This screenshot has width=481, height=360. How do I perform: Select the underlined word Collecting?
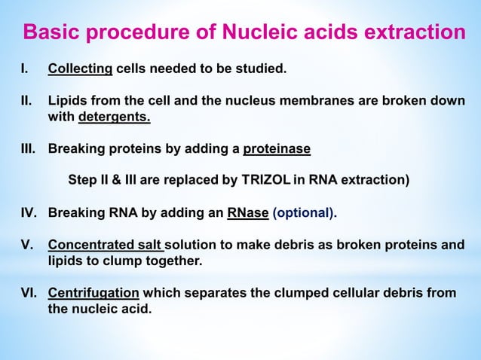coord(80,69)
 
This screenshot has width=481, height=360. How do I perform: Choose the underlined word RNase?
coord(248,213)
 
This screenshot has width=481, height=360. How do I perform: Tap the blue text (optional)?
coord(303,213)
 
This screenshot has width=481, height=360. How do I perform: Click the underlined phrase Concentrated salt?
coord(105,246)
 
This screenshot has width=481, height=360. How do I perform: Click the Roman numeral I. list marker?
coord(24,69)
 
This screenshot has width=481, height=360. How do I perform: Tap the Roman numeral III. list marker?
coord(28,149)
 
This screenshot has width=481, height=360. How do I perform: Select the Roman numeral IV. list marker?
coord(28,213)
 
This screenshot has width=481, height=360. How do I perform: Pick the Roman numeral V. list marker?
coord(26,246)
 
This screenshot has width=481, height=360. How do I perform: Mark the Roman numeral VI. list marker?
coord(28,293)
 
